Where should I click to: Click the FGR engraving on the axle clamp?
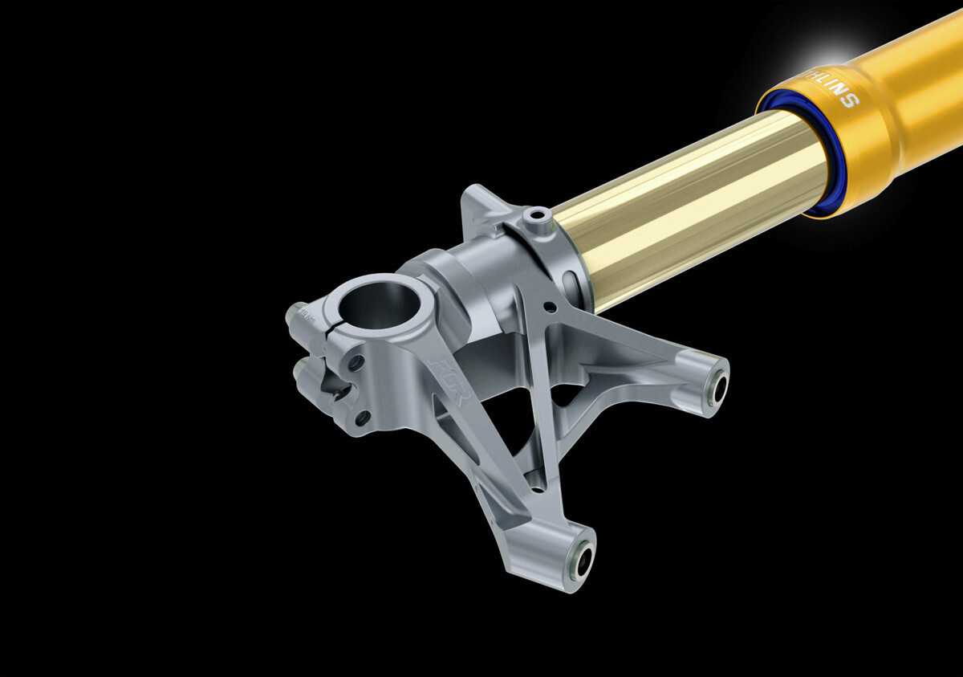pyautogui.click(x=446, y=374)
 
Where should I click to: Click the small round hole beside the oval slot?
pyautogui.click(x=549, y=306)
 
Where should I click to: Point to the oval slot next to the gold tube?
pyautogui.click(x=571, y=284)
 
